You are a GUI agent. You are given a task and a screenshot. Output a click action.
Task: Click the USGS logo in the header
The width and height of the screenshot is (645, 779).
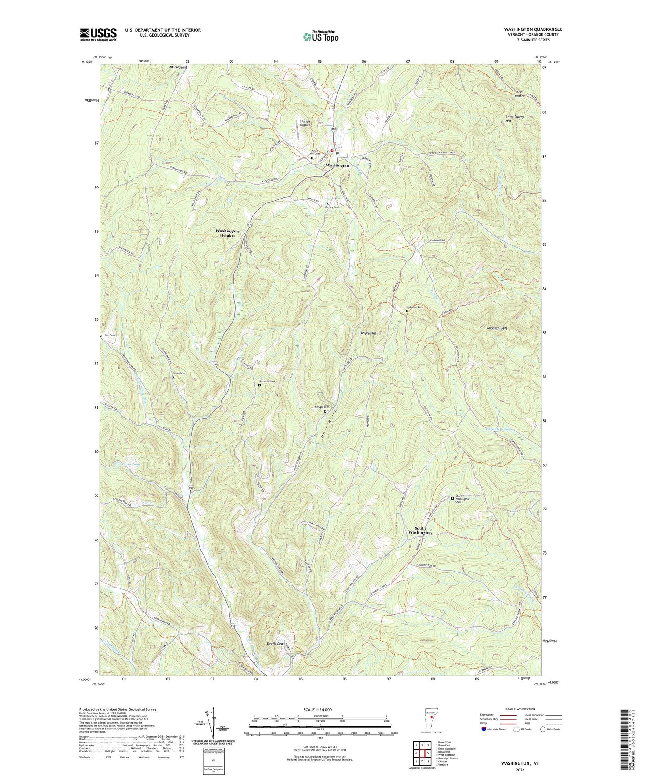(98, 34)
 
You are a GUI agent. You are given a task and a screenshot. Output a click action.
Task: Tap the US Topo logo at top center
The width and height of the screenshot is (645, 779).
(320, 37)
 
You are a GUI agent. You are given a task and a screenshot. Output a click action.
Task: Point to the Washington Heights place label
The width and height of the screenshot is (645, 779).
(227, 233)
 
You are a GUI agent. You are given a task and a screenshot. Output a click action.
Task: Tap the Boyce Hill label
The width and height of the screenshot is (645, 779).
(368, 333)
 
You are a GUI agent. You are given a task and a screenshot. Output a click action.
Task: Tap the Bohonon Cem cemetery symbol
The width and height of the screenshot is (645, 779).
(407, 311)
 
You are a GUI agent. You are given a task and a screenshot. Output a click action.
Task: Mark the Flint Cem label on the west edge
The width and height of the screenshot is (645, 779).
(109, 335)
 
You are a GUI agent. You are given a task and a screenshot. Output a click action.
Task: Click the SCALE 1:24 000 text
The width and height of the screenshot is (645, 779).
(323, 710)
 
